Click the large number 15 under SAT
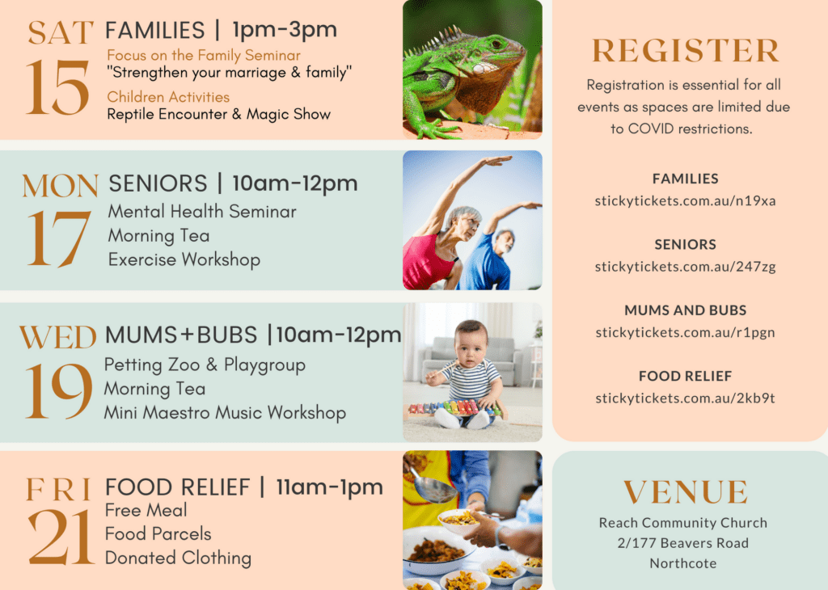(x=57, y=87)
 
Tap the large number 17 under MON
(x=58, y=238)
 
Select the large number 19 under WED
(x=58, y=391)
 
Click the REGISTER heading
(x=686, y=51)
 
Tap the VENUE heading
(x=686, y=492)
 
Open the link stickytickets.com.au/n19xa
(x=686, y=201)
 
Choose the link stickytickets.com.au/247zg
(x=686, y=267)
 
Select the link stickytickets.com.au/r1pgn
(x=686, y=333)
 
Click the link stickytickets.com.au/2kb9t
(x=686, y=398)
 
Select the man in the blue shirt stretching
(x=494, y=248)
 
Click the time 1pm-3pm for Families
(x=285, y=30)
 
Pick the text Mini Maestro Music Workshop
(x=225, y=413)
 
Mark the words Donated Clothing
(x=179, y=558)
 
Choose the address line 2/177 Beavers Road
(x=683, y=543)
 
